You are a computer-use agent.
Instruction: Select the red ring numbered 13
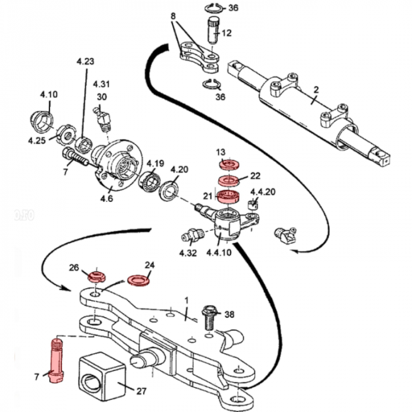pyautogui.click(x=224, y=164)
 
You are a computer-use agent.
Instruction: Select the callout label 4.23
pyautogui.click(x=85, y=60)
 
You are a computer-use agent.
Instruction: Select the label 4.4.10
pyautogui.click(x=218, y=253)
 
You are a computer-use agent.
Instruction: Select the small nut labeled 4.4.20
pyautogui.click(x=254, y=204)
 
